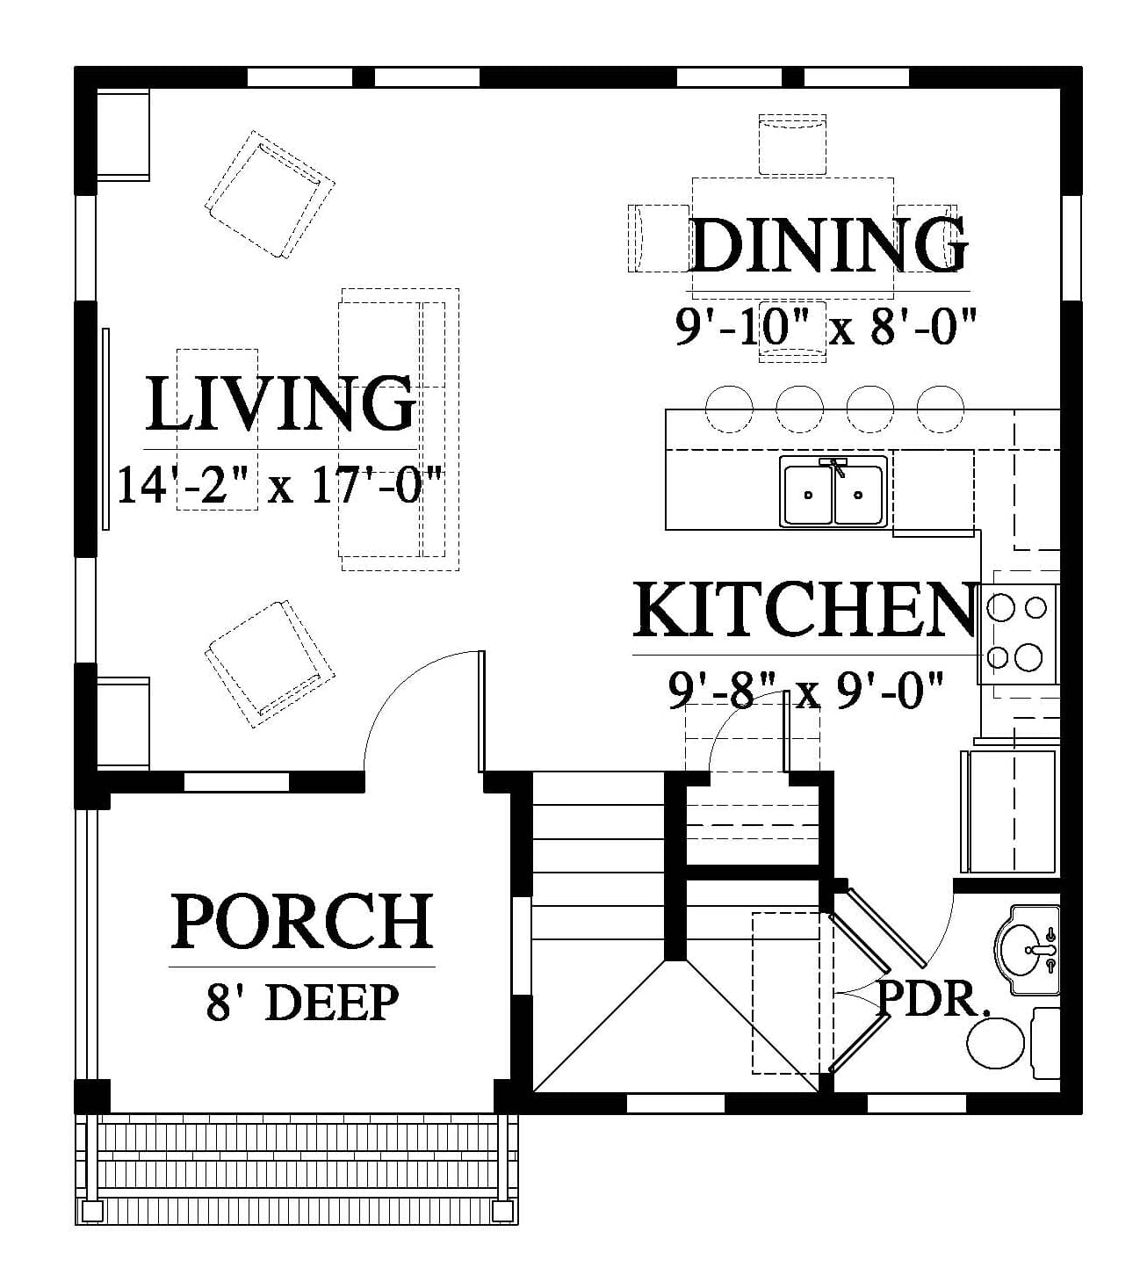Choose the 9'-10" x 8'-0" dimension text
coord(826,327)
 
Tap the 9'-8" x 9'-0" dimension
coord(805,691)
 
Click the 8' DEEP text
coord(302,1003)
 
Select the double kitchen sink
coord(833,491)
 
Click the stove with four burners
coord(1018,634)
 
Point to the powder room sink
coord(1027,950)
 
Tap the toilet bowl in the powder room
coord(995,1043)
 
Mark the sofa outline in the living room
coord(400,429)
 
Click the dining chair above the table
coord(792,144)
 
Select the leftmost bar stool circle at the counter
coord(729,409)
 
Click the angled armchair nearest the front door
coord(270,663)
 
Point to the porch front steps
coord(296,1168)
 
